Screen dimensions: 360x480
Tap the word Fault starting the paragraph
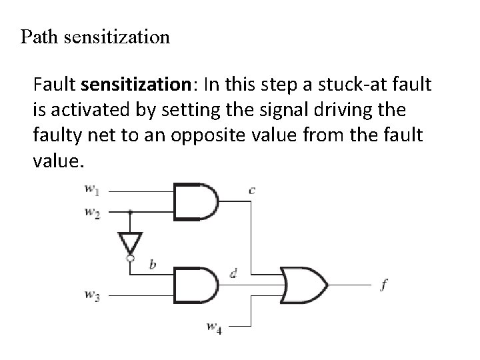pos(54,86)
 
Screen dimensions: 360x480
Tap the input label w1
pos(92,190)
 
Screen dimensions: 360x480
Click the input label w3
pos(92,295)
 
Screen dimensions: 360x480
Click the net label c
pos(251,191)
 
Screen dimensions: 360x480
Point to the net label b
pos(153,265)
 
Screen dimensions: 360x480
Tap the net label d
pos(233,273)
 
